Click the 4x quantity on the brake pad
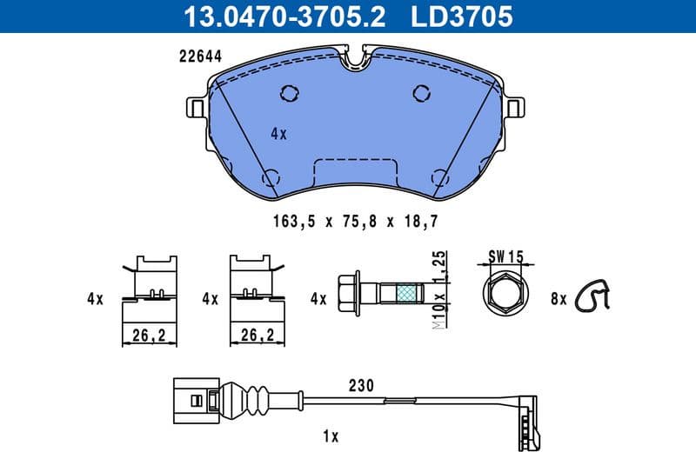278,134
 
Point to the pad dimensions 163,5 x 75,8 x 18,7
354,221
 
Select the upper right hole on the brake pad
422,92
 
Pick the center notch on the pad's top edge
357,58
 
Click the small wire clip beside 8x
597,296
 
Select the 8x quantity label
558,299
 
